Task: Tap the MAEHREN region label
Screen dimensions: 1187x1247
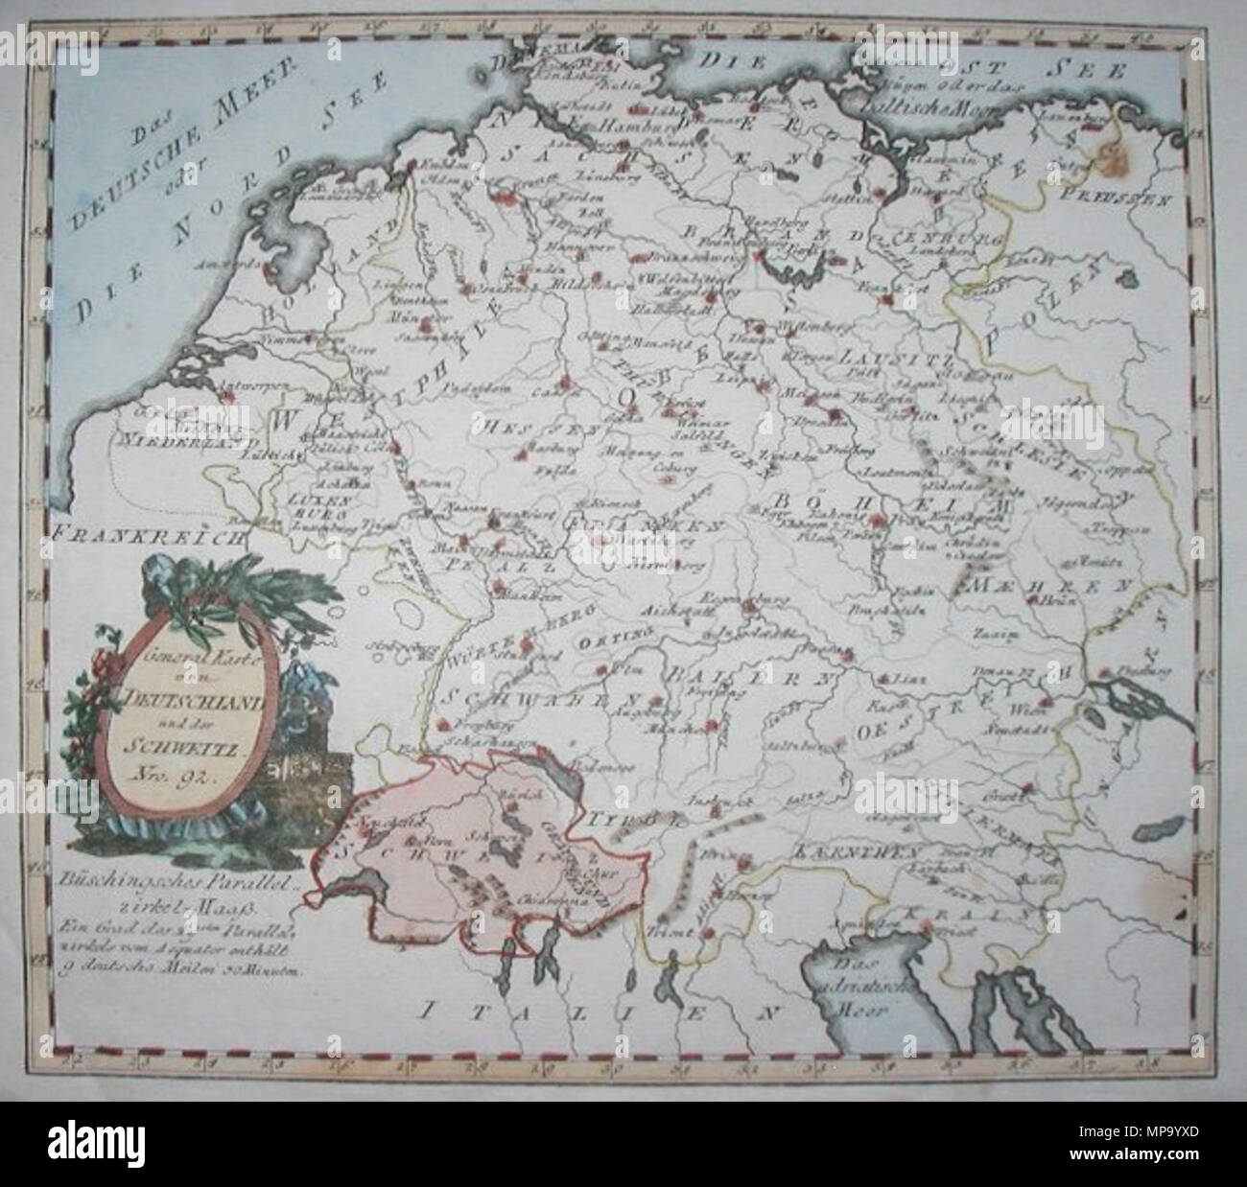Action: pos(1017,584)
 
